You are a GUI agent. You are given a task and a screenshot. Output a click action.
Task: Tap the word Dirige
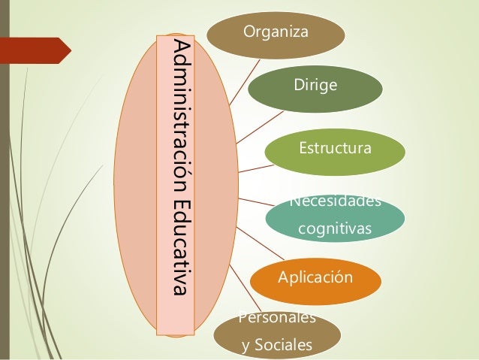click(315, 88)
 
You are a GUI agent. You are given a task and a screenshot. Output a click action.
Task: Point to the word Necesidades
click(335, 201)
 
